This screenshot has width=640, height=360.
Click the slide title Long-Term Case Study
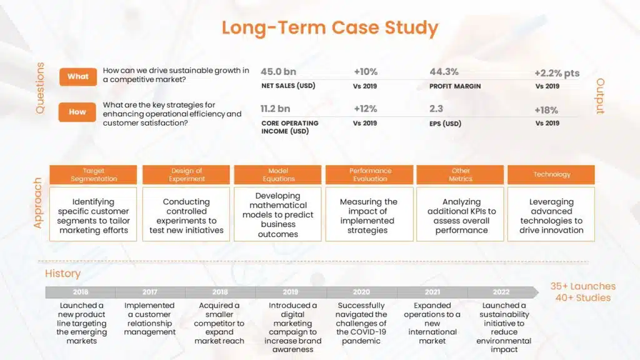329,28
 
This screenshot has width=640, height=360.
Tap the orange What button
78,76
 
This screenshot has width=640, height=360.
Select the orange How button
77,112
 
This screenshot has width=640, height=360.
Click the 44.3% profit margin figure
444,72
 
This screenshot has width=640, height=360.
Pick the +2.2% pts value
556,73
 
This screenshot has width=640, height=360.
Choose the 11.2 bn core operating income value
276,109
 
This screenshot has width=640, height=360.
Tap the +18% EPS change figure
546,110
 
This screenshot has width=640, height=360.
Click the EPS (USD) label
445,124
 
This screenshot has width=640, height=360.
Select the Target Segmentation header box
94,174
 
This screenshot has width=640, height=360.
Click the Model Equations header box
278,174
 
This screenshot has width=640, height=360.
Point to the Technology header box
551,174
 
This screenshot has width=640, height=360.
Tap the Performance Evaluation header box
370,174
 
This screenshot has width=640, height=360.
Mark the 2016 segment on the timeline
81,292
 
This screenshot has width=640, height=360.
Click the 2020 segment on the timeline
361,292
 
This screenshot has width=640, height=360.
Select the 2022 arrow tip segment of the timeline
502,292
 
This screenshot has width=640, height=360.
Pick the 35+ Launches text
582,286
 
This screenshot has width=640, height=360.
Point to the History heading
62,273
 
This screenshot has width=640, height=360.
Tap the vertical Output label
600,96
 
